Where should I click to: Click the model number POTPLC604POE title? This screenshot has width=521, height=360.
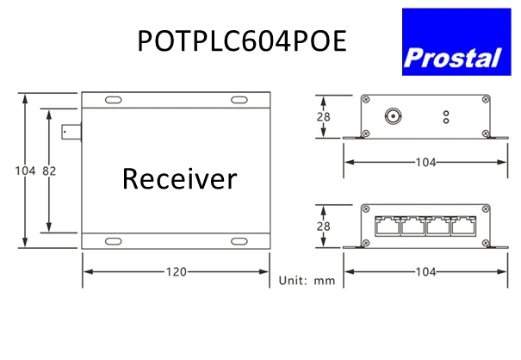point(242,40)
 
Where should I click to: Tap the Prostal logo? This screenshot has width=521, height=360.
point(456,42)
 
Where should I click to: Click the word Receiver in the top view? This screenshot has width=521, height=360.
point(179,179)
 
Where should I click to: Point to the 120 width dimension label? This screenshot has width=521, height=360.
point(176,272)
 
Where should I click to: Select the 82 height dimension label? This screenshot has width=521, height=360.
point(49,171)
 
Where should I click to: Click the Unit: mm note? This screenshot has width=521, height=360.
point(307,281)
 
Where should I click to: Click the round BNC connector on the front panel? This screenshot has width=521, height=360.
point(393,116)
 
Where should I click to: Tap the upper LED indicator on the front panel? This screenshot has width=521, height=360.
point(446,114)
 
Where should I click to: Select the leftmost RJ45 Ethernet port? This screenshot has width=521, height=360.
point(388,227)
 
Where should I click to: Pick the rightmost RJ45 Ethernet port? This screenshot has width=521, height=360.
point(464,227)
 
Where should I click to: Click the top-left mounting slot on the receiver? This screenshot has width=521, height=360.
point(114,100)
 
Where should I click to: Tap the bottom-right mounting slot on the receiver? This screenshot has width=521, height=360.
point(239,241)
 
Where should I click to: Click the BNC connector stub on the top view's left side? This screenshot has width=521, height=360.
point(71,133)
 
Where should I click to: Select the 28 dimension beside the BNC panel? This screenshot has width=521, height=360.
point(323,116)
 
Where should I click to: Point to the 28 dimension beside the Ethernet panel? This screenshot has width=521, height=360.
point(323,227)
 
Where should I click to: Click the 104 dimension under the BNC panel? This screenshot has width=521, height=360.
point(425,162)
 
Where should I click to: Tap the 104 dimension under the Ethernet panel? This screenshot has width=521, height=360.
point(425,272)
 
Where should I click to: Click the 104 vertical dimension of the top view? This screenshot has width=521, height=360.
point(25,171)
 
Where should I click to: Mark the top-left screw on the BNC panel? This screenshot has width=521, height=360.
point(366,99)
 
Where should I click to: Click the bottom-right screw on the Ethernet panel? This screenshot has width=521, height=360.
point(486,243)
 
